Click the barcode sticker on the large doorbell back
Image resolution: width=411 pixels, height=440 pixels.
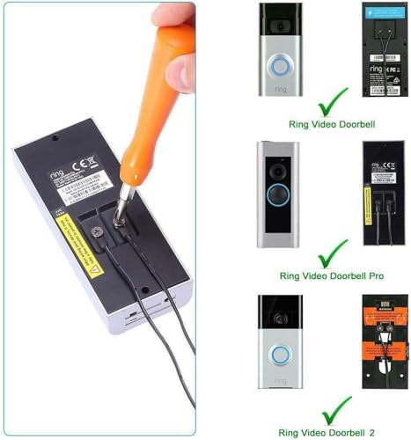coord(94,187)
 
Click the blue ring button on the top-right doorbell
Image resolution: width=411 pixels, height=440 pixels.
coord(280,67)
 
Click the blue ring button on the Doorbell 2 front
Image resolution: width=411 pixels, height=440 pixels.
coord(279,356)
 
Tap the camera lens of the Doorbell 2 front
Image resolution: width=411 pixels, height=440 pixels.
coord(280,317)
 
